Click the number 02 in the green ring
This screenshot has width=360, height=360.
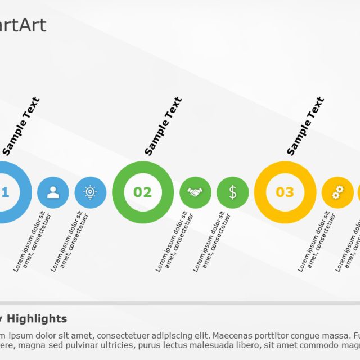tap(142, 192)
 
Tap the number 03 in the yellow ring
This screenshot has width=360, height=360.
tap(285, 192)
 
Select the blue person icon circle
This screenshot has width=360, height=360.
tap(53, 192)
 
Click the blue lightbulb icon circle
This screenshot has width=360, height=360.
tap(90, 192)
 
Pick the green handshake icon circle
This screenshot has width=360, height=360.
tap(195, 192)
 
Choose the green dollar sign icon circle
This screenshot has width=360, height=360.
tap(232, 192)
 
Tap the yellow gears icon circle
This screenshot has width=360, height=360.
tap(337, 192)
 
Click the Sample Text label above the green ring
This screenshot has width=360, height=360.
tap(163, 126)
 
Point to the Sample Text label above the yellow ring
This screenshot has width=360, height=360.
tap(305, 126)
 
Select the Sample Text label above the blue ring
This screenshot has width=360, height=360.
tap(21, 126)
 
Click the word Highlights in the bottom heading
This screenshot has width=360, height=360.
tap(45, 319)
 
